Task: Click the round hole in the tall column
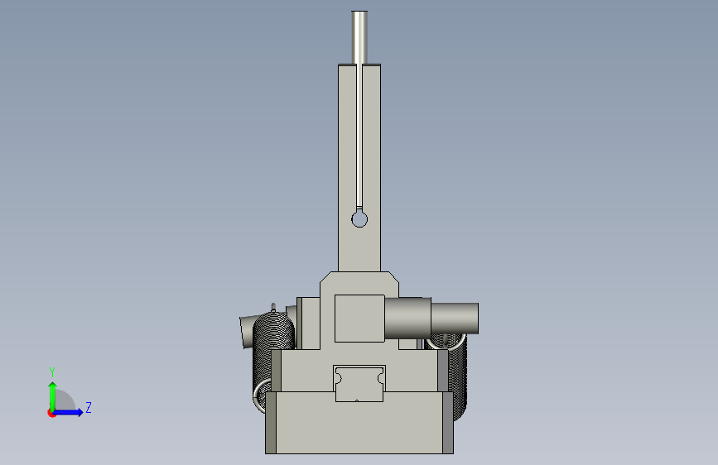point(359,220)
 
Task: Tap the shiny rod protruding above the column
point(359,37)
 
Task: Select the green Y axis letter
point(52,372)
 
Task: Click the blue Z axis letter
point(89,407)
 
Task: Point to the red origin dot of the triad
point(51,413)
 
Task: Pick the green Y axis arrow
point(53,396)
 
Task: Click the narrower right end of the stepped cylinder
point(455,318)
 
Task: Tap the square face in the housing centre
point(359,319)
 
